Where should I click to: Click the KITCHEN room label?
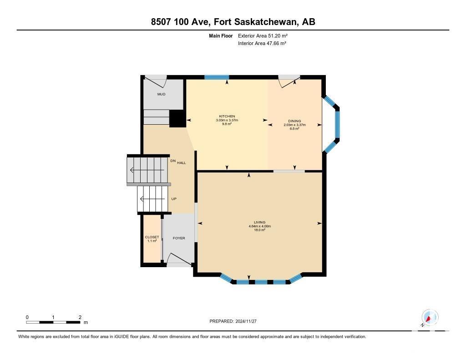227,116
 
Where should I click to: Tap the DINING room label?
294,121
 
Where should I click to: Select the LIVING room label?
260,223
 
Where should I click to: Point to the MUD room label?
162,94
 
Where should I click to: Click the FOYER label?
179,238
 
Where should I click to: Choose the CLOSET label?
152,237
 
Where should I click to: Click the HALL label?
182,163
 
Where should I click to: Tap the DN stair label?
173,161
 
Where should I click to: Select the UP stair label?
174,199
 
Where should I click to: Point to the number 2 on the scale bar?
80,318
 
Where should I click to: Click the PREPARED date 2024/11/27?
246,321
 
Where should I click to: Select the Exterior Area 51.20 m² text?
263,36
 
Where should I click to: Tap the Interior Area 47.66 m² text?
262,43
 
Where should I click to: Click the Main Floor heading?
221,36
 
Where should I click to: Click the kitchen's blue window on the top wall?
217,77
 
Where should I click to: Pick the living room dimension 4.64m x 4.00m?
260,226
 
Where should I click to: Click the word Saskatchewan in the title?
266,22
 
